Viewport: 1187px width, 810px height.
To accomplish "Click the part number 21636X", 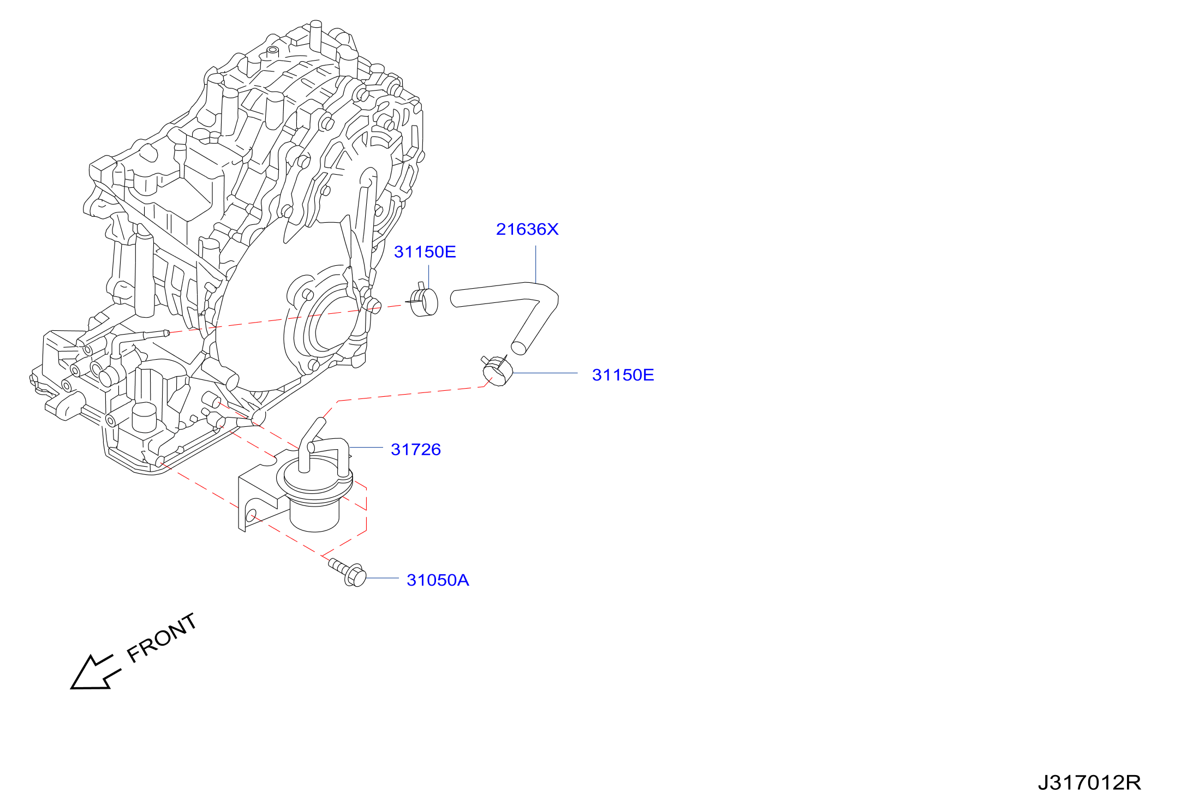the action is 527,229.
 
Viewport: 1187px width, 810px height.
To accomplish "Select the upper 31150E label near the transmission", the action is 425,252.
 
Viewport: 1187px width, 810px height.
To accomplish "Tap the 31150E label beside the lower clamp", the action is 623,375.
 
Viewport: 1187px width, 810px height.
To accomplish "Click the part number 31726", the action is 416,449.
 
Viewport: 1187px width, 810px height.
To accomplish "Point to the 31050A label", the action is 438,580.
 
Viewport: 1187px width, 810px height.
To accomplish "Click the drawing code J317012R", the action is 1089,783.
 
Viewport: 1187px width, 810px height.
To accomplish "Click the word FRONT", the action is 162,638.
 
